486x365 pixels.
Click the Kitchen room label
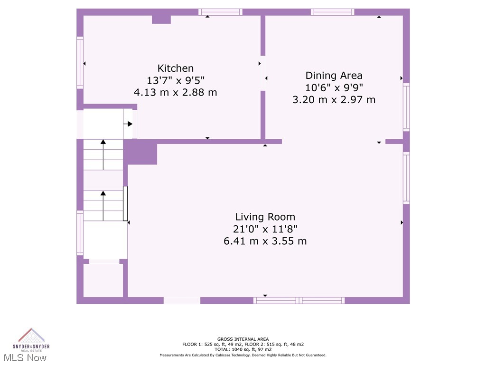tap(176, 68)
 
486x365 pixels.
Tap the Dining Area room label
tap(334, 76)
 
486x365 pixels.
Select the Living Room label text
tap(265, 217)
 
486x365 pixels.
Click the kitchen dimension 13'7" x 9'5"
tap(176, 80)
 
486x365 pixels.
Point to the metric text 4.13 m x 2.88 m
tap(176, 92)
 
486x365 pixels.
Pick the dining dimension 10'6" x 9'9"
tap(334, 87)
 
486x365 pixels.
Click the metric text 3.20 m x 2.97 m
tap(334, 100)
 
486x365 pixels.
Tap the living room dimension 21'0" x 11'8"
tap(265, 229)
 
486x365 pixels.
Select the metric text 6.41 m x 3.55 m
tap(265, 241)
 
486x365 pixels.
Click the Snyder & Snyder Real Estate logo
tap(31, 339)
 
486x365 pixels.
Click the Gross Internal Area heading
tap(243, 339)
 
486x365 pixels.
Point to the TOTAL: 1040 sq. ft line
tap(243, 349)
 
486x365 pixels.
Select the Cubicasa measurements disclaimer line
tap(243, 355)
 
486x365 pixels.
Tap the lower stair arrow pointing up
tap(103, 205)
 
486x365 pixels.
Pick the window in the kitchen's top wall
tap(220, 12)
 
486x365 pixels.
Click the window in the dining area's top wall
tap(332, 12)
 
